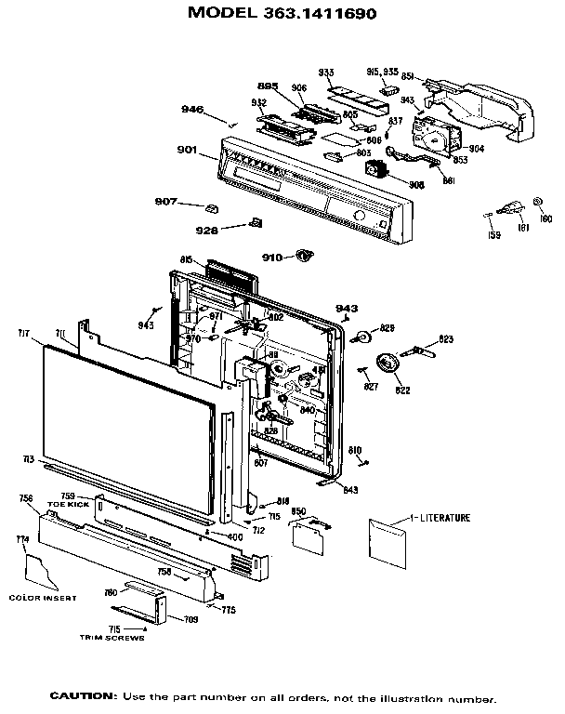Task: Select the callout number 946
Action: tap(192, 110)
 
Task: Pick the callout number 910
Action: tap(271, 258)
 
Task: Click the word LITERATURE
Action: tap(442, 517)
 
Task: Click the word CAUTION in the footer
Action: tap(83, 696)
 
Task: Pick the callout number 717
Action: tap(24, 331)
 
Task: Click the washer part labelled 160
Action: tap(539, 204)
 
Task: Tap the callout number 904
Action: tap(476, 149)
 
